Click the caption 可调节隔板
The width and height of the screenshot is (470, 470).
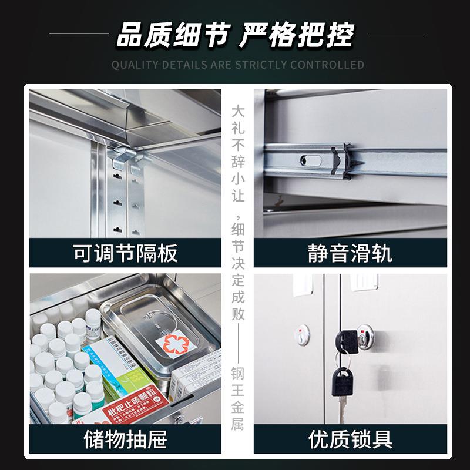pos(126,253)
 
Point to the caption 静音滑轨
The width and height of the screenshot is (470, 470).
pos(350,253)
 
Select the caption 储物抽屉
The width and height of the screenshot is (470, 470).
pos(126,438)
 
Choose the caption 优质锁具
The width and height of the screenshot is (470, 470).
pos(350,438)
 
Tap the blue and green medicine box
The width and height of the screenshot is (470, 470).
pos(117,367)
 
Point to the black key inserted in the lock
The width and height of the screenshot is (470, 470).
pos(345,339)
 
